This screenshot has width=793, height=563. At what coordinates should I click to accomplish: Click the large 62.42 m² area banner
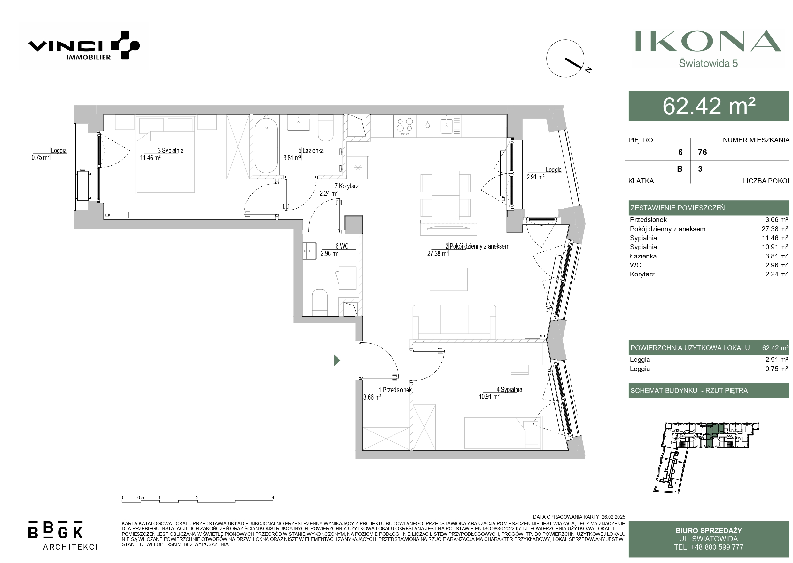coord(709,106)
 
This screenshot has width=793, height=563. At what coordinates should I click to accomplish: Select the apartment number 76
coord(702,152)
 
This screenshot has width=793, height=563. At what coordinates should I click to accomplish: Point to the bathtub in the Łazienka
coord(266,146)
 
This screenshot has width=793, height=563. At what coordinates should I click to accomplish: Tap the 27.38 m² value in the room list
coord(776,229)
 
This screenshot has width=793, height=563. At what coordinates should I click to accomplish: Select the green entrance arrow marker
coord(337,361)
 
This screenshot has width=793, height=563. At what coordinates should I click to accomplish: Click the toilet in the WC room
coord(320,302)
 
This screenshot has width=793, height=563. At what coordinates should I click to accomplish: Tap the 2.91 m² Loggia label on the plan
coord(544,173)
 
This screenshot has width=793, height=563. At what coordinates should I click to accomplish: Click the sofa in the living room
coord(454,322)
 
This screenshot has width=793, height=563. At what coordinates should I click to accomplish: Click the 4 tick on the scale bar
coord(273,498)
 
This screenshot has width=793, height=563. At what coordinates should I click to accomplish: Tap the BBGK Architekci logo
coord(62,535)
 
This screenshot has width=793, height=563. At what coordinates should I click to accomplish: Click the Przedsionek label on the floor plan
coord(397,390)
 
